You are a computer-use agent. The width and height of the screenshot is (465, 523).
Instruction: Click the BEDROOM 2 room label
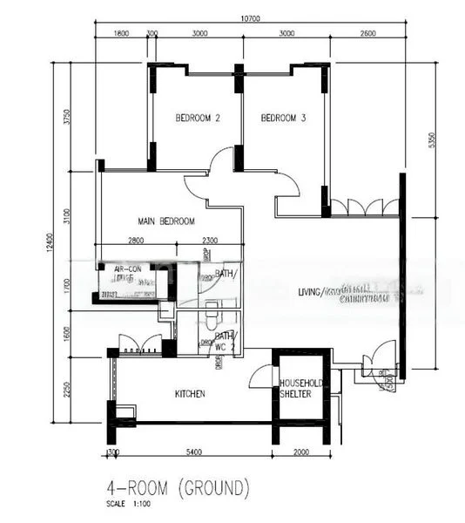tap(196, 119)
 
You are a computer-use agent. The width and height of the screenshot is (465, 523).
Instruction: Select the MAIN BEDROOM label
tap(165, 221)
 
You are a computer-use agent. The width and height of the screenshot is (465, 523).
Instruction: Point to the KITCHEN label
tap(190, 394)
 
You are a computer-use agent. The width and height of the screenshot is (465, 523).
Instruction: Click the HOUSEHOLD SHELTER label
tap(301, 388)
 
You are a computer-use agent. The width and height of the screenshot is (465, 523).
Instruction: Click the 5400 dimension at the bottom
tap(194, 453)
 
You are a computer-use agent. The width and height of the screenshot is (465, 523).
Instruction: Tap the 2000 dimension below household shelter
tap(300, 453)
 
